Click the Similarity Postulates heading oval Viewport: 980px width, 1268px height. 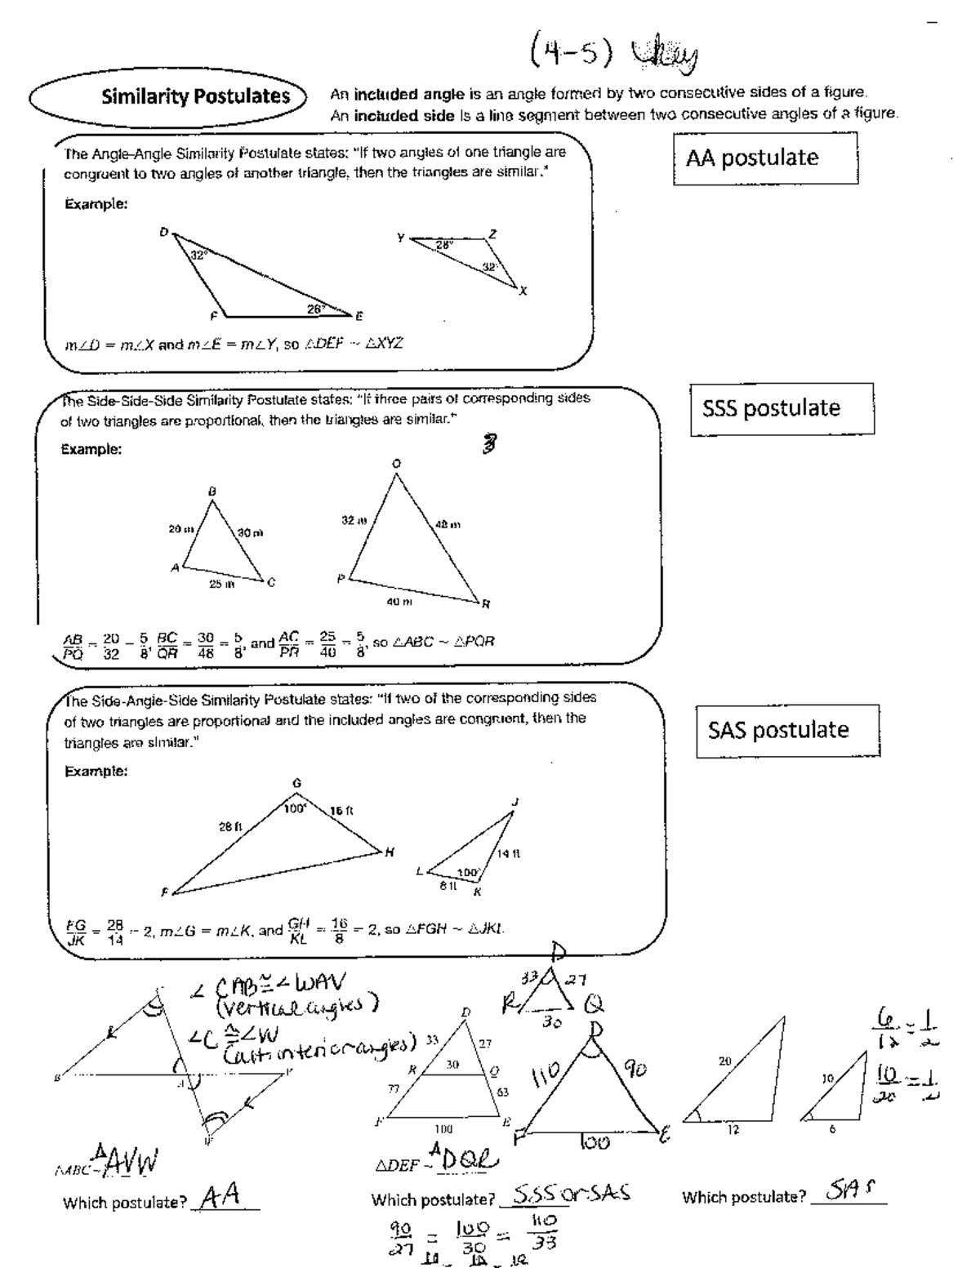167,96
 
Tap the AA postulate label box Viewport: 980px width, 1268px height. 765,158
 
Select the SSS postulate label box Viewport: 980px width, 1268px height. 782,408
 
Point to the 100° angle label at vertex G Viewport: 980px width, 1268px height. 294,809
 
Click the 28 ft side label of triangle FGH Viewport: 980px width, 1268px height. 231,826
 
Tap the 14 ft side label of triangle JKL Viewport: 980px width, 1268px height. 508,854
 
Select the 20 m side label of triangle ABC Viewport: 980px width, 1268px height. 180,529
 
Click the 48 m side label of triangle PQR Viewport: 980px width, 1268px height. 448,525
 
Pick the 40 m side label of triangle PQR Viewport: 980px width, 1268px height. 399,602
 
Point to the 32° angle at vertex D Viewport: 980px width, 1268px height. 198,255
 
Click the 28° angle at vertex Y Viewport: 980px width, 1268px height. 443,244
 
